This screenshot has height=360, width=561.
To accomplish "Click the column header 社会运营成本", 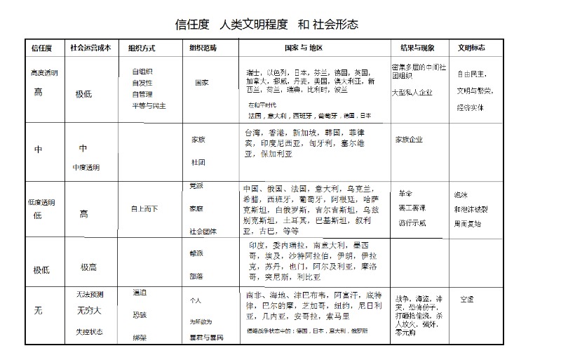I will point(90,48).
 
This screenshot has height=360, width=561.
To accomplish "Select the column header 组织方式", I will point(142,48).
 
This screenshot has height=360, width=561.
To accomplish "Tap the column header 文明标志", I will point(472,48).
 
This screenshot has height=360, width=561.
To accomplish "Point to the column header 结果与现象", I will point(417,48).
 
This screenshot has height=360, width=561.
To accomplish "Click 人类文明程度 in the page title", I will point(254,25).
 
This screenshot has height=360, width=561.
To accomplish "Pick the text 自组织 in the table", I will point(142,72).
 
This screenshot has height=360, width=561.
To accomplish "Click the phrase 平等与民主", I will point(149,106).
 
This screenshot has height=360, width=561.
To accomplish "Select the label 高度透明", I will point(45,72).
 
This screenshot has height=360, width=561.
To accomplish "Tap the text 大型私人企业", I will point(412,92).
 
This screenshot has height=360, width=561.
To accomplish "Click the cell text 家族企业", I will point(410,140).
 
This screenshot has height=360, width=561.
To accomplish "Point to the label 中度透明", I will point(86,168).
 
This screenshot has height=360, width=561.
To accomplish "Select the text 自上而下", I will point(144,208).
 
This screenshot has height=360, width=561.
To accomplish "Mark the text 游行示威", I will point(412,223).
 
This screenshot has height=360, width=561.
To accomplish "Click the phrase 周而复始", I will point(468,224).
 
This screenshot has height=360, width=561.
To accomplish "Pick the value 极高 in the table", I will point(88,267).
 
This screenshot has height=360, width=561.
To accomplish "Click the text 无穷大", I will point(88,309).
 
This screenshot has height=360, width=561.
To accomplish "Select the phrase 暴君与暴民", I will point(206,338).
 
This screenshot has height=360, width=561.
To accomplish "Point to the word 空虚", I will point(467,299).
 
